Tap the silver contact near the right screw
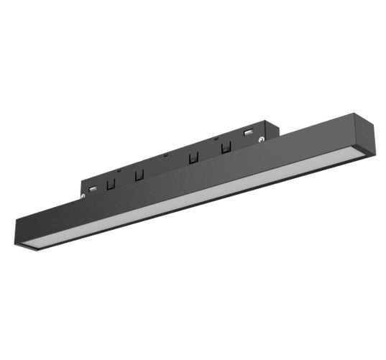[x=248, y=132]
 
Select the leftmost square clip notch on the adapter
[x=111, y=184]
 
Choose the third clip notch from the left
[x=193, y=158]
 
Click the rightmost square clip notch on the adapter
[x=226, y=147]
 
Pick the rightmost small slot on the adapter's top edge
[x=215, y=138]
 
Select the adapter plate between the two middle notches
[x=165, y=167]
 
